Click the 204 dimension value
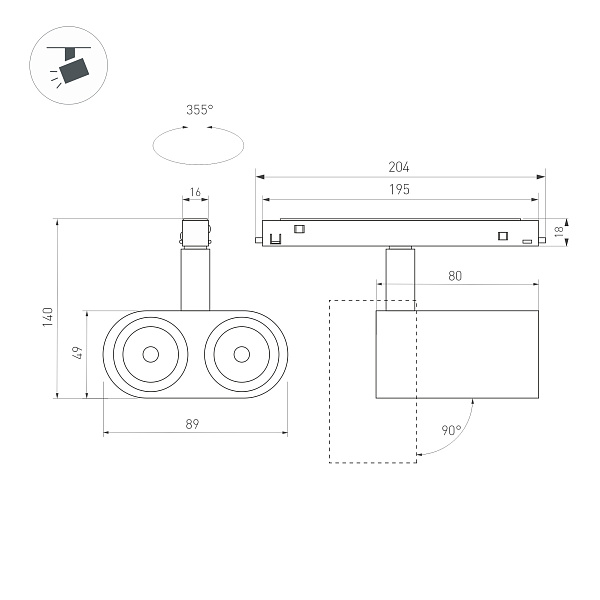[399, 168]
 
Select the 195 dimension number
[399, 189]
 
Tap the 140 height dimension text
[46, 316]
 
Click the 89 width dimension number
[193, 424]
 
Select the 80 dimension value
[455, 274]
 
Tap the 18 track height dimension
[561, 231]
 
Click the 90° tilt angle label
[451, 431]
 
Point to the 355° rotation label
[199, 111]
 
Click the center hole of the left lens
[150, 354]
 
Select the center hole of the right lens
[241, 354]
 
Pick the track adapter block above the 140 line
[195, 232]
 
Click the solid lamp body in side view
[458, 354]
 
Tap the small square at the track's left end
[298, 229]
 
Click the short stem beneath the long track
[399, 275]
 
